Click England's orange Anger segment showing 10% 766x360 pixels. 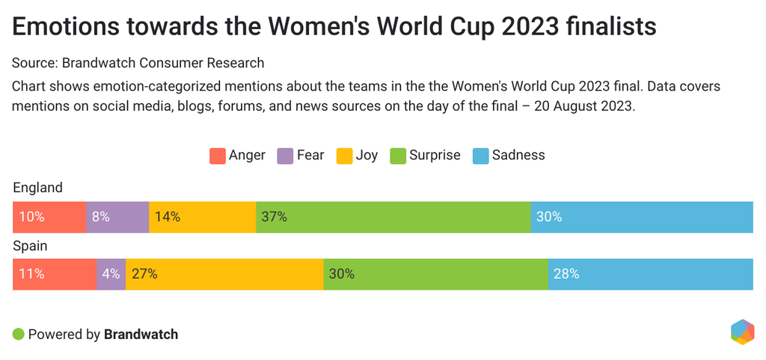point(49,217)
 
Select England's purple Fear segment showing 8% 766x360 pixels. point(117,217)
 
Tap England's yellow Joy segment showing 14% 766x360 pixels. point(202,217)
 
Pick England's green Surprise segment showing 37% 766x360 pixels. point(393,217)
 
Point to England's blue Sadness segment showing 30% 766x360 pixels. point(641,217)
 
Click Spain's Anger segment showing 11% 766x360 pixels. point(55,274)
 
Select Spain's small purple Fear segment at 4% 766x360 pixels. point(111,274)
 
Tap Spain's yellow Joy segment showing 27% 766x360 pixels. point(224,274)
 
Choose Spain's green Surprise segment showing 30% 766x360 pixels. point(435,274)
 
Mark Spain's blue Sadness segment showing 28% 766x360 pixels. point(650,274)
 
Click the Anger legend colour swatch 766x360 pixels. point(217,156)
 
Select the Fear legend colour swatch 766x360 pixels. point(285,156)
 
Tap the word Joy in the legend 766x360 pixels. point(367,156)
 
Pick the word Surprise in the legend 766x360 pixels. point(435,156)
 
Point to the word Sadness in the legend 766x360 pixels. point(518,156)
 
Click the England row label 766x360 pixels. point(37,188)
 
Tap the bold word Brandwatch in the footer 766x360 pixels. point(141,335)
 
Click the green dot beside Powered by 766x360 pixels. point(19,334)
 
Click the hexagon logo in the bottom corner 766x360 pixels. point(742,332)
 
